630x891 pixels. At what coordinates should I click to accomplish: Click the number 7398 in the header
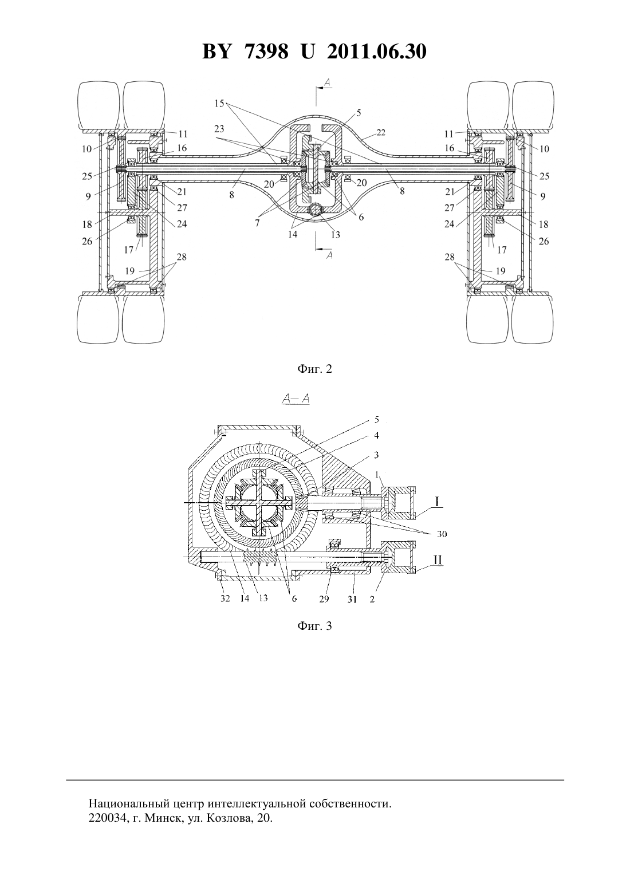coord(266,52)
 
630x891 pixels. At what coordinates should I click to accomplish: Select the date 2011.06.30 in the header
coord(377,52)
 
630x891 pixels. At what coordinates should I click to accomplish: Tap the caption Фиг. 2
coord(314,369)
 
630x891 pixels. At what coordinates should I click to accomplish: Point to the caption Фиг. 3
coord(314,626)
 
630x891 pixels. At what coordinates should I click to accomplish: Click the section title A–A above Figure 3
coord(295,399)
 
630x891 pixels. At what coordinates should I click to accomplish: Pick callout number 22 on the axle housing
coord(381,132)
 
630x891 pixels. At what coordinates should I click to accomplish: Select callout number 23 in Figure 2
coord(219,129)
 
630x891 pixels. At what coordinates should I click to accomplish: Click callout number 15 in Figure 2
coord(219,104)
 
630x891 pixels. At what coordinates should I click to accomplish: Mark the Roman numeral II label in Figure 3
coord(437,560)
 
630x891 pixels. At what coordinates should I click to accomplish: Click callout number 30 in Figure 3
coord(442,534)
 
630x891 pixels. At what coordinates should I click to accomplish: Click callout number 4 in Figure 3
coord(376,436)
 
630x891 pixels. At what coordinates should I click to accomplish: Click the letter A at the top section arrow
coord(328,82)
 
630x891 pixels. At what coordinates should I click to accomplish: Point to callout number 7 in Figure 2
coord(257,223)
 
